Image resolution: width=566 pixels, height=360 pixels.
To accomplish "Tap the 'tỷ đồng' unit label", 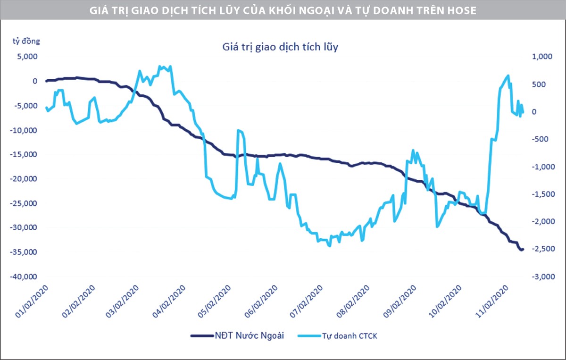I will (x=27, y=41).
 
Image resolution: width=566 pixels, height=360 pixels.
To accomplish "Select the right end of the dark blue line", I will (x=523, y=249).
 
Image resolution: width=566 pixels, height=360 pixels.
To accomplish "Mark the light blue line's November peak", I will (x=508, y=75).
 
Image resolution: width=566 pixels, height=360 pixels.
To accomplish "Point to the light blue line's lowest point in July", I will (x=329, y=246).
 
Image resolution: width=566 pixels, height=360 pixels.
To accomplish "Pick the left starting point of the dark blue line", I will (x=46, y=81).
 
